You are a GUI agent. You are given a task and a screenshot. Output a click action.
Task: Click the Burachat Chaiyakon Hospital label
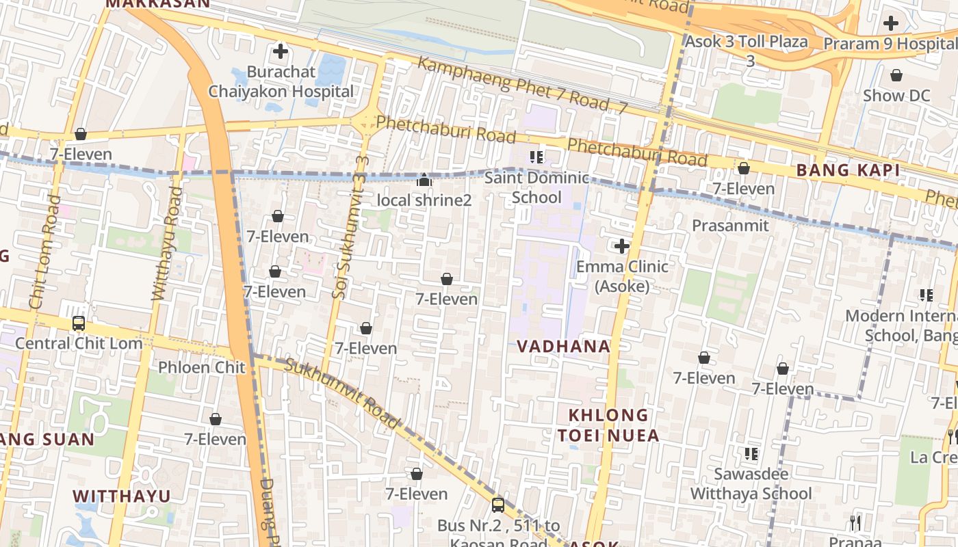click(281, 81)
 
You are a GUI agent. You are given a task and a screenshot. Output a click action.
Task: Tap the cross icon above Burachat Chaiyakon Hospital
click(280, 51)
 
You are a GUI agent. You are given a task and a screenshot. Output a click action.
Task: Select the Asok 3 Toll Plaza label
click(747, 42)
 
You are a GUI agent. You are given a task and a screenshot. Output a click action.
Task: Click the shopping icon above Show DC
click(896, 75)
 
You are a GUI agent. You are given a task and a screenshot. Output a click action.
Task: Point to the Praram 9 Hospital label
click(890, 44)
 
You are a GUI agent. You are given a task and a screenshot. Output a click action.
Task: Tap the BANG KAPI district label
click(849, 170)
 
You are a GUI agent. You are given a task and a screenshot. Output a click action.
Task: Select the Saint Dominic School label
click(536, 187)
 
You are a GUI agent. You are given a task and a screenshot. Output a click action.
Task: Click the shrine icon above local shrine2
click(424, 180)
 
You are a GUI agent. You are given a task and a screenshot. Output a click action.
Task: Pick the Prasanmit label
click(730, 225)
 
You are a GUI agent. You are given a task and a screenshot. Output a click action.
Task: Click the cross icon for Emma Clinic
click(621, 246)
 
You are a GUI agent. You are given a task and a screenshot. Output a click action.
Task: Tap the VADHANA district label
click(564, 346)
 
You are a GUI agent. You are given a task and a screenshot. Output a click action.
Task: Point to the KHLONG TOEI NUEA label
click(608, 425)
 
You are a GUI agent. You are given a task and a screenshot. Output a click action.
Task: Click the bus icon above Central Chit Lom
click(79, 323)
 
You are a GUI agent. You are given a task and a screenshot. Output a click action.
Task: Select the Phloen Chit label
click(201, 367)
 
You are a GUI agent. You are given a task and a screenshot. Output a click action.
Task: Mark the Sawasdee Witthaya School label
click(751, 483)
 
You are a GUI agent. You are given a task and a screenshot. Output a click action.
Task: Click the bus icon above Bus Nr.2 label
click(498, 505)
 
